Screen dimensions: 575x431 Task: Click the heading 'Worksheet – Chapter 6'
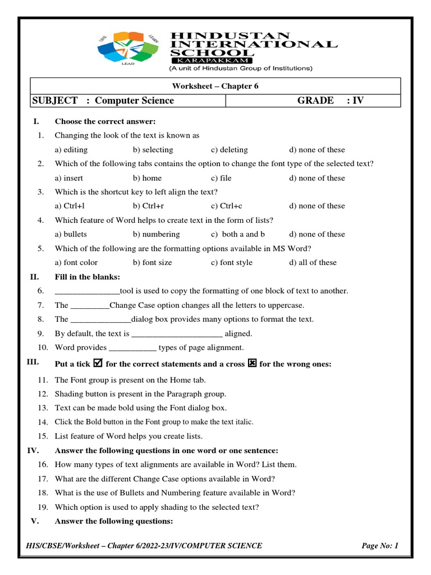pos(215,86)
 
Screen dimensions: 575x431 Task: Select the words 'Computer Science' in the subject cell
pos(134,101)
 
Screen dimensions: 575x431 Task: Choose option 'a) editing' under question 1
pos(71,150)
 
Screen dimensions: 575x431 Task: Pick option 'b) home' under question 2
pos(147,178)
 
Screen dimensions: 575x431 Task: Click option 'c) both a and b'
pos(238,234)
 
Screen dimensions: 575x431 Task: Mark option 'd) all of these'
pos(313,262)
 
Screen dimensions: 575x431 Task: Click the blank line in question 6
pos(87,291)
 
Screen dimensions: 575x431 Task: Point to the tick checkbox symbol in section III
pos(98,364)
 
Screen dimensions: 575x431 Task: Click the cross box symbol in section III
pos(252,364)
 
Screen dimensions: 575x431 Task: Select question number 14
pos(43,422)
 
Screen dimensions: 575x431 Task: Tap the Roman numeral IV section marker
pos(33,450)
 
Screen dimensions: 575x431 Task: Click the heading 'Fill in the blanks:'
pos(87,276)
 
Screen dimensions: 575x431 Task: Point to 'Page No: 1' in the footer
pos(380,545)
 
